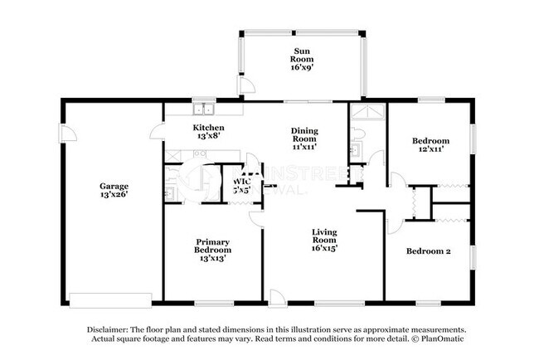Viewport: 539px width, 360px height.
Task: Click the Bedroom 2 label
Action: pyautogui.click(x=428, y=251)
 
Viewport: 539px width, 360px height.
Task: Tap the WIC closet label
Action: pyautogui.click(x=242, y=180)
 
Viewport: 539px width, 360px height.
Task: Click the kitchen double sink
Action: pyautogui.click(x=203, y=108)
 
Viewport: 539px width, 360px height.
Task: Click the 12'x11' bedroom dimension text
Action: pyautogui.click(x=431, y=150)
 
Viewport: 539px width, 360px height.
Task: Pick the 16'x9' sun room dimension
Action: pyautogui.click(x=300, y=69)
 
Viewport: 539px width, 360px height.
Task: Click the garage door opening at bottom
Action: pyautogui.click(x=110, y=299)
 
